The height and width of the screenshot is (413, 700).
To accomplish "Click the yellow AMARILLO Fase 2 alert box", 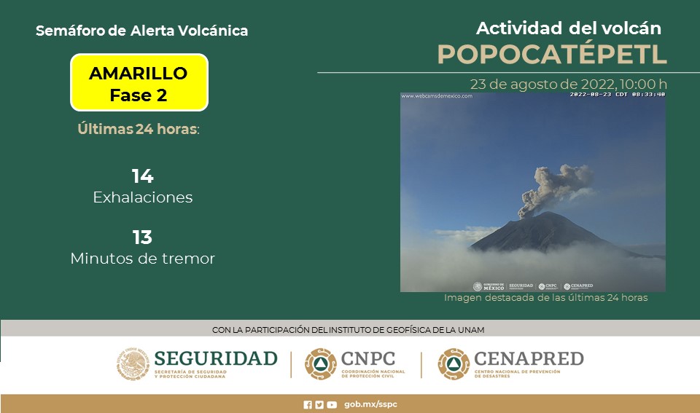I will pyautogui.click(x=139, y=83).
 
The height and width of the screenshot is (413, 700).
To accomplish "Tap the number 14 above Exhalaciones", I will pyautogui.click(x=142, y=176).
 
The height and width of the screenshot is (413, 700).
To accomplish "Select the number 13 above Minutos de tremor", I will pyautogui.click(x=142, y=237).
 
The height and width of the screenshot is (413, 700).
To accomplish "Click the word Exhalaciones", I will pyautogui.click(x=143, y=197).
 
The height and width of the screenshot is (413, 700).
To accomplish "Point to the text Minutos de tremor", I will pyautogui.click(x=143, y=259).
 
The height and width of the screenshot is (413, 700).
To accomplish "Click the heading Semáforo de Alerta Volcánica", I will pyautogui.click(x=141, y=31).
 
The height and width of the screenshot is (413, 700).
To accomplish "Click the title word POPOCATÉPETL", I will pyautogui.click(x=552, y=54).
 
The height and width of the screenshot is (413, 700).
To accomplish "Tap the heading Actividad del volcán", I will pyautogui.click(x=568, y=28).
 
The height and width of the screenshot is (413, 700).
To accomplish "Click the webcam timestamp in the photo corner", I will pyautogui.click(x=617, y=95).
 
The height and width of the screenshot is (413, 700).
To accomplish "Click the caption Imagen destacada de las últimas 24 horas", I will pyautogui.click(x=545, y=298).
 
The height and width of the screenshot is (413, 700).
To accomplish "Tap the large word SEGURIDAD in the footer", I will pyautogui.click(x=216, y=358).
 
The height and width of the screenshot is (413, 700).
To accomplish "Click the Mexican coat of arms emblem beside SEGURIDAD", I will pyautogui.click(x=133, y=363).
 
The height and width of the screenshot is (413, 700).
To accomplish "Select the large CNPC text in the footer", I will pyautogui.click(x=367, y=358).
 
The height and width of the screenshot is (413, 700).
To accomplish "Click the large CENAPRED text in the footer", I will pyautogui.click(x=529, y=358).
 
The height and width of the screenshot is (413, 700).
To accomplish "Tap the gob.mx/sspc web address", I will pyautogui.click(x=370, y=404).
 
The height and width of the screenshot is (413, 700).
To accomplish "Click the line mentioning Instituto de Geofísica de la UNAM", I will pyautogui.click(x=348, y=330).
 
